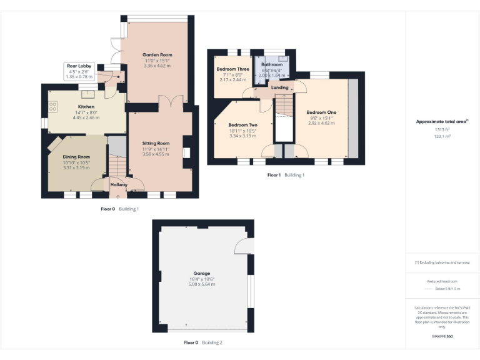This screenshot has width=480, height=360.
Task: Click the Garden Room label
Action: (x=157, y=55)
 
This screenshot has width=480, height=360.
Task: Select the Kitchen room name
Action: (x=86, y=107)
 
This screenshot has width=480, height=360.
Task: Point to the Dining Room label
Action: (x=76, y=157)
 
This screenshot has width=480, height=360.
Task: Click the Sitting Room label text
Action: (x=156, y=143)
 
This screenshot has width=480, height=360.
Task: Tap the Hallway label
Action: (x=119, y=184)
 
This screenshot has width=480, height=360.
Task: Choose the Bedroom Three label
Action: (x=233, y=69)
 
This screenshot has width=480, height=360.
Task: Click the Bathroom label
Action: (x=272, y=64)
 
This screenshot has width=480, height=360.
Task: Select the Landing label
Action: (x=279, y=87)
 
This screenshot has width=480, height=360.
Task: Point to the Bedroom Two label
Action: (x=242, y=124)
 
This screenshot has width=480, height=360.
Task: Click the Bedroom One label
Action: (x=321, y=112)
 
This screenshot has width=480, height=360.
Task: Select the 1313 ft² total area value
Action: (x=442, y=129)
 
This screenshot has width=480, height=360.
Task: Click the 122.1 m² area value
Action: (x=442, y=136)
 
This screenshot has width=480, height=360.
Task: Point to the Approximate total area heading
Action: (x=441, y=122)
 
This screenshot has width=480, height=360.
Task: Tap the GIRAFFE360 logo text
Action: (x=441, y=337)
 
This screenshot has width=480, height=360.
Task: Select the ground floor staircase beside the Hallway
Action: (x=116, y=165)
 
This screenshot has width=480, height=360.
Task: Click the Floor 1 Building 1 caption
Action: (x=286, y=175)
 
